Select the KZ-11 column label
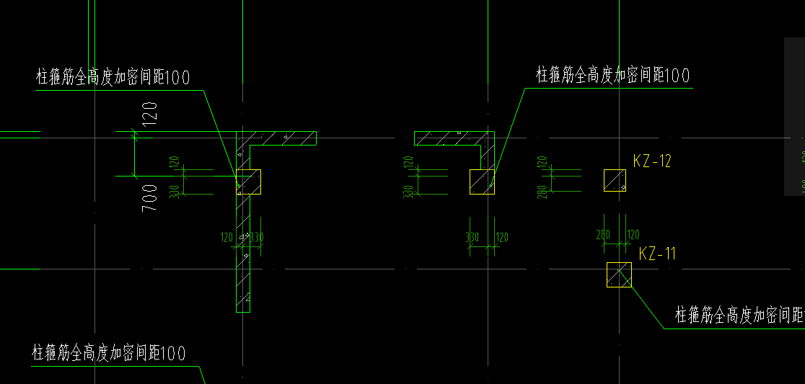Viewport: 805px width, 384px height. [657, 254]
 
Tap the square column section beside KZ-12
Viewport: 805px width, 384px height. [615, 181]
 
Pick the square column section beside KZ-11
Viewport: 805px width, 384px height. [619, 274]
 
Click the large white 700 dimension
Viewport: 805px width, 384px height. [150, 197]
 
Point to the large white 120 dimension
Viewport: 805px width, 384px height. [150, 114]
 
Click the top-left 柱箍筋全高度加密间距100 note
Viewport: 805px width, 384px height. [113, 78]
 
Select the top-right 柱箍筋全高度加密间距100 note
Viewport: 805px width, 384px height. [612, 75]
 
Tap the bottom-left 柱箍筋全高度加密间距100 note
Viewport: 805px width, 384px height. [108, 353]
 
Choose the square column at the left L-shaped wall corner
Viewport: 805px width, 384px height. [250, 182]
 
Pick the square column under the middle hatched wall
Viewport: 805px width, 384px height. [483, 182]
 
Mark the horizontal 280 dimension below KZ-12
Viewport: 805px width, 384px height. [604, 234]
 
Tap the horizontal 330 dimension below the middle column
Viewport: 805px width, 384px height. [472, 236]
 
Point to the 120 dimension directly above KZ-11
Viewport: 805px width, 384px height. [633, 235]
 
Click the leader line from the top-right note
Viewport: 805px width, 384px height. [509, 130]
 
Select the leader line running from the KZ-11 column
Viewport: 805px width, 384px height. [647, 306]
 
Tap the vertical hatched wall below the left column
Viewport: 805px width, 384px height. [243, 259]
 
